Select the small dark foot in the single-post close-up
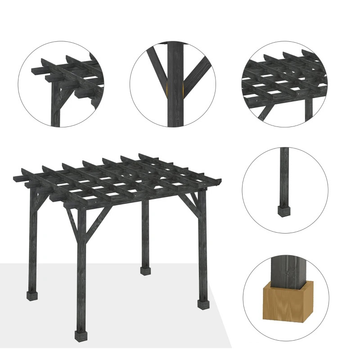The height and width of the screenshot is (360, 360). (x=284, y=211)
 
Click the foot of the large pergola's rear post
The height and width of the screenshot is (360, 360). (x=144, y=271)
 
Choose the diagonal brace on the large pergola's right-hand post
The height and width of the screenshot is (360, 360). (x=192, y=201)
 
